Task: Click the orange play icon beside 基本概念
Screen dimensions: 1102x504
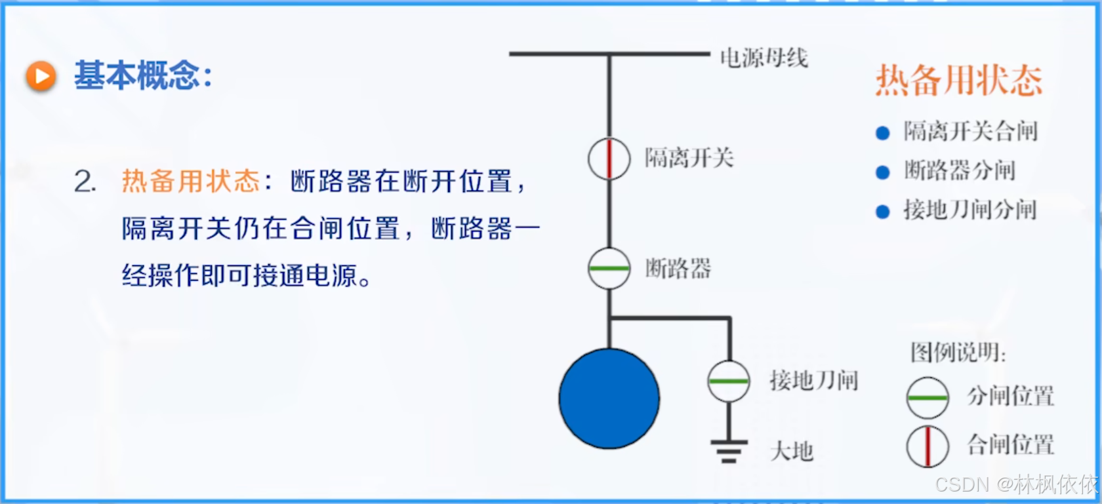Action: (41, 76)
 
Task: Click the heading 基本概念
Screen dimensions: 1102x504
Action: (143, 75)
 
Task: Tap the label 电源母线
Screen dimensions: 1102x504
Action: (764, 58)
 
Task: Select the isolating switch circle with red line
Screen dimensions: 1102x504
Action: (609, 159)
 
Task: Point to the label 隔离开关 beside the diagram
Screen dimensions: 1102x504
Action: (689, 158)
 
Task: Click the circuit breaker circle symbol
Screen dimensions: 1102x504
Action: (609, 268)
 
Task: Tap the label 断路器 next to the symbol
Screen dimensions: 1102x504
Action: (678, 268)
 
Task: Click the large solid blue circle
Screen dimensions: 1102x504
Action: (609, 398)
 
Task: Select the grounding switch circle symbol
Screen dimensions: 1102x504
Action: (729, 381)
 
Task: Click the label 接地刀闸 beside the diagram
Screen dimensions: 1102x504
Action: (813, 380)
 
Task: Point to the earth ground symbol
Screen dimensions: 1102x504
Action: (729, 451)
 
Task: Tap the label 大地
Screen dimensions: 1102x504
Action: (792, 452)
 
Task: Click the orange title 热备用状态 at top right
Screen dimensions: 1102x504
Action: (958, 81)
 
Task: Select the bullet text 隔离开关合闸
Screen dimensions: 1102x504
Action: (970, 132)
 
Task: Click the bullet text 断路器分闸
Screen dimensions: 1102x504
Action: (959, 171)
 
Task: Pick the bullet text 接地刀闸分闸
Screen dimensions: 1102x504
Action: (969, 210)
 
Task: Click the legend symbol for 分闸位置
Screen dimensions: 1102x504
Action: (928, 398)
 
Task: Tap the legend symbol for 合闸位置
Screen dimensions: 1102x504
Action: (928, 446)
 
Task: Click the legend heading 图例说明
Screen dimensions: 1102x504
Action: (957, 353)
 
